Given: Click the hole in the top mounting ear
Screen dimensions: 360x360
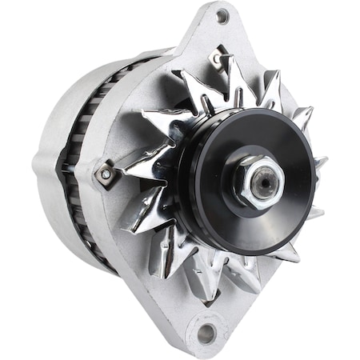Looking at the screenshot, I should click(222, 15).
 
